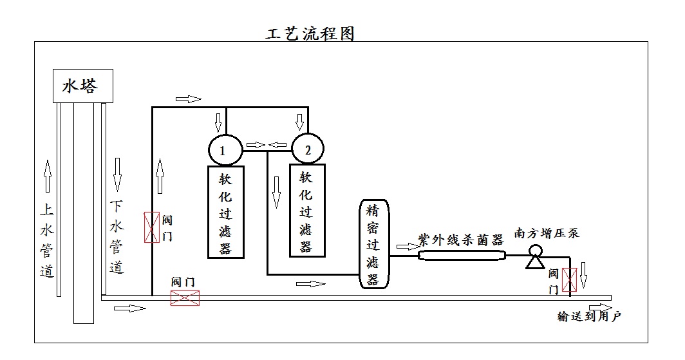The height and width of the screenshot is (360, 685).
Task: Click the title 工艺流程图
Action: click(310, 33)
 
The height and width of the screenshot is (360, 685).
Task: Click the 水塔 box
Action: click(83, 86)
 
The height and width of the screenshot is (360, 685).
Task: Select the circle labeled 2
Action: click(308, 151)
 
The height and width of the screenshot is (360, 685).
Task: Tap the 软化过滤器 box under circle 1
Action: click(225, 212)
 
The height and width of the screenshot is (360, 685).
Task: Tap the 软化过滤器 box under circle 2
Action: click(306, 211)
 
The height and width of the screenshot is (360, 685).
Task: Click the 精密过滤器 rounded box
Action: click(373, 244)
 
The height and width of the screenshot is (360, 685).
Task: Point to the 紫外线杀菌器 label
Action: click(460, 240)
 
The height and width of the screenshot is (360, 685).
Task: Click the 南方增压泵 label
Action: click(547, 232)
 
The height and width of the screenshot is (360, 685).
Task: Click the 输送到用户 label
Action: click(588, 316)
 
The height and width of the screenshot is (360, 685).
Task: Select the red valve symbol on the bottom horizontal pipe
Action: click(185, 298)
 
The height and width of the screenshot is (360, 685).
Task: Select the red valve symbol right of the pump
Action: click(569, 279)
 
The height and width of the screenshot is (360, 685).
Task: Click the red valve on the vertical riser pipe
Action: click(151, 227)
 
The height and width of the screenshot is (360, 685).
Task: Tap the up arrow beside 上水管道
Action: click(47, 176)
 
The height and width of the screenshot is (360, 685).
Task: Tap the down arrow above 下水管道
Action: click(117, 174)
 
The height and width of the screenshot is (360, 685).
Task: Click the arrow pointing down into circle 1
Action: click(218, 121)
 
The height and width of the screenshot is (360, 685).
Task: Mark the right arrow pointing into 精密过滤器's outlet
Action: click(407, 246)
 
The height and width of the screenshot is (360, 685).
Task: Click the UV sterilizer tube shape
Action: click(462, 256)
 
